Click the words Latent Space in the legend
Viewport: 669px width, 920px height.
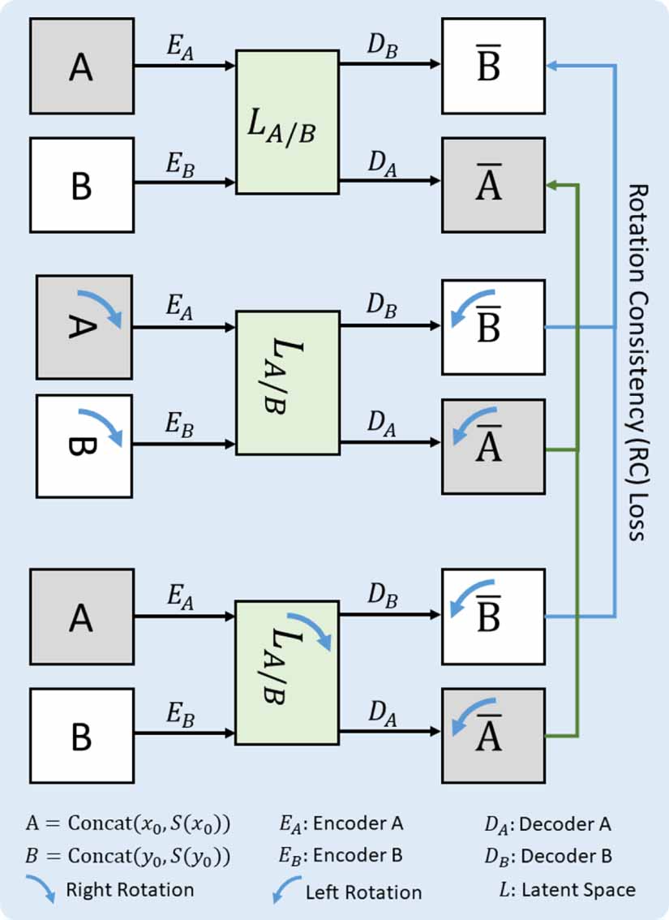click(579, 889)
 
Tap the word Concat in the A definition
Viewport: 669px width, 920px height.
click(96, 824)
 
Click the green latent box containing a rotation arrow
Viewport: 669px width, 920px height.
click(286, 673)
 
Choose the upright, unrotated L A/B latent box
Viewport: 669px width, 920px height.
click(286, 122)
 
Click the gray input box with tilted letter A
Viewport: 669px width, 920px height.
click(84, 326)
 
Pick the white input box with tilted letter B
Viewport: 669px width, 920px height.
click(84, 445)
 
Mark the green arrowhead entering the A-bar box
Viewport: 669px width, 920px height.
click(551, 186)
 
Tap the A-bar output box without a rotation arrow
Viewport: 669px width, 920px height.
click(493, 187)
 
